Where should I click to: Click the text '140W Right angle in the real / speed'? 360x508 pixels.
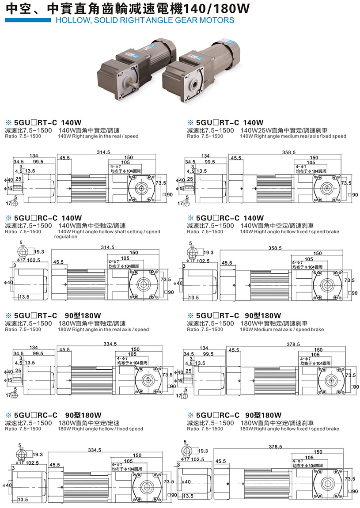pos(98,136)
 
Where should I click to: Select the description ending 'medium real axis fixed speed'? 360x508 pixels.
pos(293,136)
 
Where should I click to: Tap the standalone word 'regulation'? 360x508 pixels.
pos(66,237)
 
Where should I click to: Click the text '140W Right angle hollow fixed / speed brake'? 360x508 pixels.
pos(289,231)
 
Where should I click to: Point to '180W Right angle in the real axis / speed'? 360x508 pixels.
pos(103,330)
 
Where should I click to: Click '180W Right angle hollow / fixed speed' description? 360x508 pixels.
pos(100,428)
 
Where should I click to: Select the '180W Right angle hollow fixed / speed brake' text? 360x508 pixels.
pos(289,428)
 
